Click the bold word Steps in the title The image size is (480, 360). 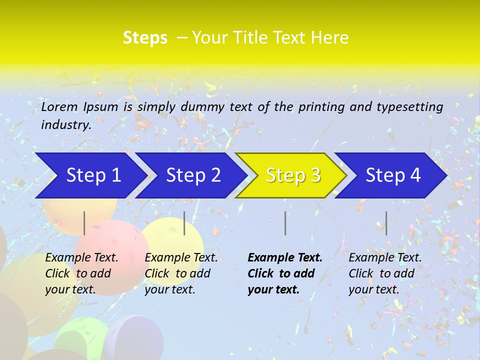pyautogui.click(x=145, y=38)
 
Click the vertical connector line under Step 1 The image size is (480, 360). pyautogui.click(x=84, y=223)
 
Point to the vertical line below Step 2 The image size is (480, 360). pyautogui.click(x=184, y=223)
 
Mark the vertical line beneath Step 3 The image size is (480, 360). pyautogui.click(x=285, y=223)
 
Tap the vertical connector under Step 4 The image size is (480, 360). pyautogui.click(x=386, y=223)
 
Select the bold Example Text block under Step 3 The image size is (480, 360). pyautogui.click(x=285, y=273)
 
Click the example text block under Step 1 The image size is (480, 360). pyautogui.click(x=81, y=273)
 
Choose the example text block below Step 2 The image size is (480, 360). pyautogui.click(x=181, y=273)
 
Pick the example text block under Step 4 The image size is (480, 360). pyautogui.click(x=385, y=273)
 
